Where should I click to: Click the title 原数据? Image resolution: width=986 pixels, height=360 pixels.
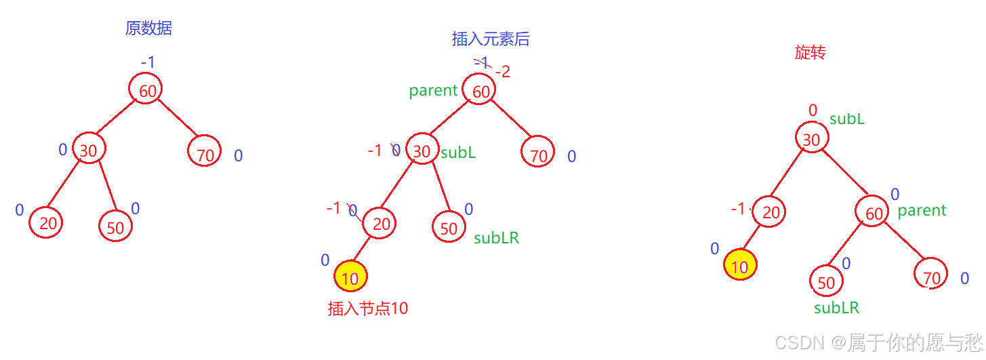(148, 28)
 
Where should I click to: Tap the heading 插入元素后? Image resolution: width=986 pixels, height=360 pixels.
(491, 39)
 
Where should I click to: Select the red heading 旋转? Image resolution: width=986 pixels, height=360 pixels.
(810, 53)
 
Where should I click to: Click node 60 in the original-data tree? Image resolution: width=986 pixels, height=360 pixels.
(147, 90)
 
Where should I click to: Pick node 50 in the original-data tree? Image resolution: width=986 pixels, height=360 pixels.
(115, 227)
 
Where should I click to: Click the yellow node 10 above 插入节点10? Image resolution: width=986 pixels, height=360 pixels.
(350, 277)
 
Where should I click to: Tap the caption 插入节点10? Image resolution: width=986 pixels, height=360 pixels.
(368, 308)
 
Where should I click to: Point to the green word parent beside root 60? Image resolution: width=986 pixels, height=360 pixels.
(433, 91)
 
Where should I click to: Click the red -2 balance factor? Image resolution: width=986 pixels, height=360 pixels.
(503, 72)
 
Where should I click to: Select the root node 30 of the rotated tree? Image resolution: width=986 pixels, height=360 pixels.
(811, 140)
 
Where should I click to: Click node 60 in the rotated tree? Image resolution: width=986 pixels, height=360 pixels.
(874, 214)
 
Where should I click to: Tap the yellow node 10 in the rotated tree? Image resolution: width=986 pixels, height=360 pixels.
(740, 266)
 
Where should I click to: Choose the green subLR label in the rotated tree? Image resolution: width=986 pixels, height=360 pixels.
(836, 308)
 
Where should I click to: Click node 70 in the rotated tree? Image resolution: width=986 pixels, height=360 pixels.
(932, 277)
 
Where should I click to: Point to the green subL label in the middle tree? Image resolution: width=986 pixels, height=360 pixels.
(458, 153)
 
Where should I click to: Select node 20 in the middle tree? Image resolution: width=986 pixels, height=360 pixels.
(381, 224)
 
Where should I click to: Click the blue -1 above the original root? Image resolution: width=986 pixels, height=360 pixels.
(148, 62)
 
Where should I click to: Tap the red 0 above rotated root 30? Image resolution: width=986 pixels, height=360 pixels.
(813, 110)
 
